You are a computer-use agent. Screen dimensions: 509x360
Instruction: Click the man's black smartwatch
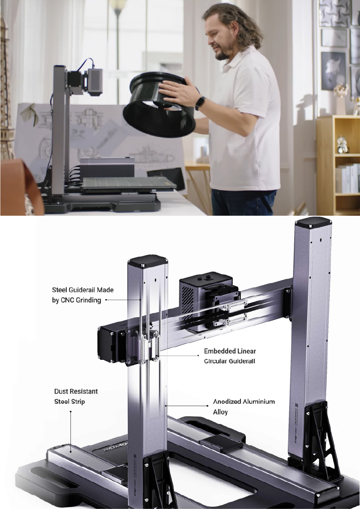(200, 103)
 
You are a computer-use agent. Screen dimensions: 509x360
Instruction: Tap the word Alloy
(221, 412)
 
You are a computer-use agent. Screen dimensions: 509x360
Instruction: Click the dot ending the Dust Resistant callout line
(70, 412)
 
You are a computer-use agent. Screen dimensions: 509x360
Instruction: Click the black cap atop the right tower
(314, 223)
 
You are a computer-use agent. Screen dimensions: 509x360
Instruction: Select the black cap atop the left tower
(146, 261)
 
